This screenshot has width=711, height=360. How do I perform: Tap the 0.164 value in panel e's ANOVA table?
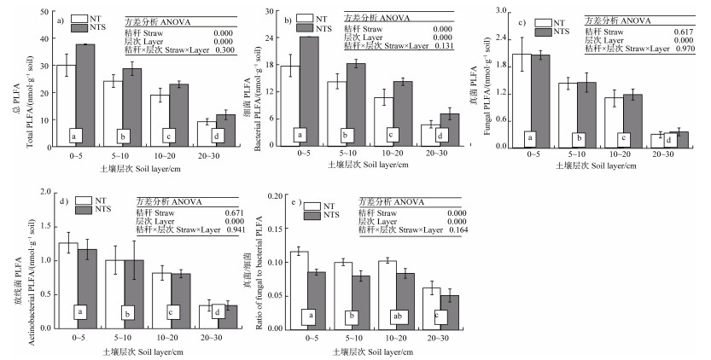[462, 229]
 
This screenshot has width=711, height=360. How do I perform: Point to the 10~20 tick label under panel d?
[161, 338]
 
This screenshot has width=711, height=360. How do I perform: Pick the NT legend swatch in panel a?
[81, 18]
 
